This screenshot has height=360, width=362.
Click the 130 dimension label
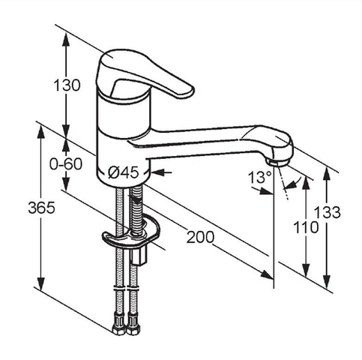(67, 85)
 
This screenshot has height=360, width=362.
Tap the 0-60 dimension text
(66, 164)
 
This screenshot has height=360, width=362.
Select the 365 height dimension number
(41, 208)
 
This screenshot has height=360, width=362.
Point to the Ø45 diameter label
(124, 172)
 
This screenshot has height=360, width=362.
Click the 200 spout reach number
(200, 237)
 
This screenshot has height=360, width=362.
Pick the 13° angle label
(259, 177)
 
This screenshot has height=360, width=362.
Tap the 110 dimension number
(306, 227)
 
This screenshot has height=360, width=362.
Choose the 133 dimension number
(328, 212)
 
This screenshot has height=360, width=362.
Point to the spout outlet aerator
(277, 163)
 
